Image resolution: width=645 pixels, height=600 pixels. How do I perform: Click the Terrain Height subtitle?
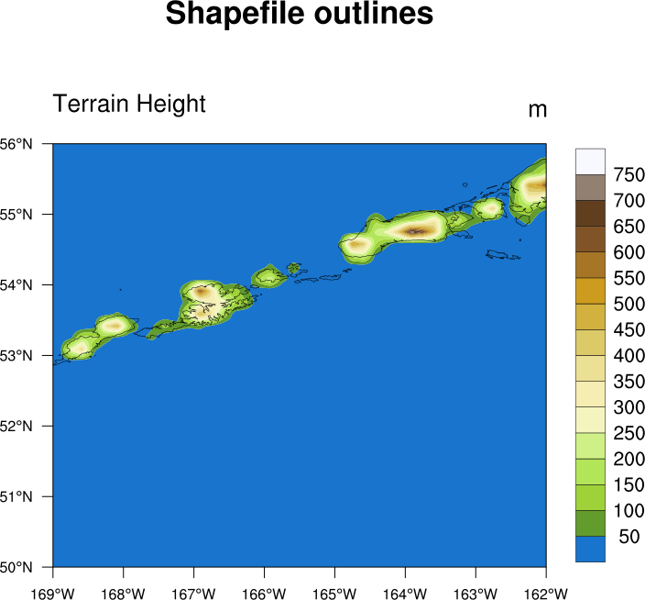pos(129,104)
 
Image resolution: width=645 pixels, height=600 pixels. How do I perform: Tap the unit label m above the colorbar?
pos(538,110)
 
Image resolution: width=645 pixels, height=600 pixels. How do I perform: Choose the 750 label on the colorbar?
pos(630,174)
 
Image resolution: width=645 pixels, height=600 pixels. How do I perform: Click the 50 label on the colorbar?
pos(630,537)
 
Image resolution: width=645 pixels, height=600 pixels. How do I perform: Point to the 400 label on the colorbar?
pos(630,355)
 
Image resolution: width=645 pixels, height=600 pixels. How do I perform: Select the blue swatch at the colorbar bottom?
pos(590,549)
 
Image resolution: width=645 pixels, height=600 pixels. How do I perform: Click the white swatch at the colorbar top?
pos(590,161)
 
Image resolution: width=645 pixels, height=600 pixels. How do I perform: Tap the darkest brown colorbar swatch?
pos(590,213)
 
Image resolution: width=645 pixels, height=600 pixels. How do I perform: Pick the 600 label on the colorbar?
pos(630,252)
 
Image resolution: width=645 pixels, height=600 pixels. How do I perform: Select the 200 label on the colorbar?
pos(630,459)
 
